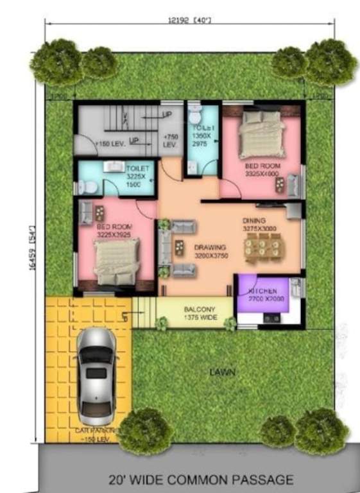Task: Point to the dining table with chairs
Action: click(x=262, y=248)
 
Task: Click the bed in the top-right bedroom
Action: click(x=261, y=135)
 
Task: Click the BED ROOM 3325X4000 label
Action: click(x=262, y=169)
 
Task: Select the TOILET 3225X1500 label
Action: click(x=135, y=174)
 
